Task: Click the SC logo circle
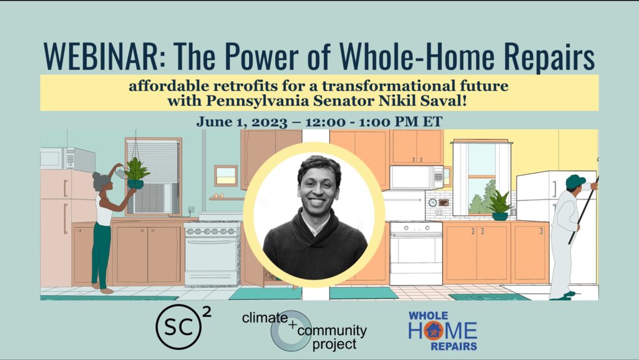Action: [178, 326]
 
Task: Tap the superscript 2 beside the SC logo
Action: [207, 312]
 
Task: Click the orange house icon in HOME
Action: [434, 330]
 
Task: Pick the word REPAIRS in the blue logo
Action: [454, 346]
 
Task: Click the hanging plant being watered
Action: [136, 173]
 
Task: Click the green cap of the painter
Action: [575, 180]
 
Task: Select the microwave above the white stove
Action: [417, 177]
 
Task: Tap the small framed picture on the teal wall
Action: [226, 175]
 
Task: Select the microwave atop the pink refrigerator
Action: [67, 158]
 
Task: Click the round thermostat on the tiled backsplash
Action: [433, 202]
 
